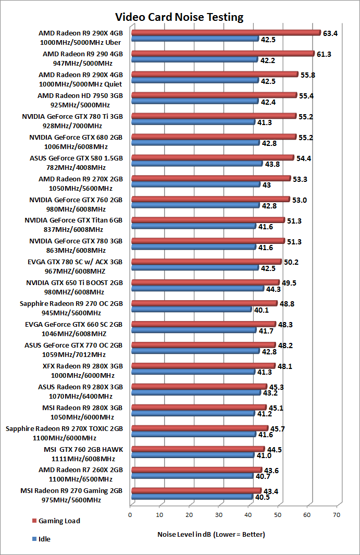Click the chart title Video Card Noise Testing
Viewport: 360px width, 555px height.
pyautogui.click(x=179, y=17)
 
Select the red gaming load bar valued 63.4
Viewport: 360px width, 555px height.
pyautogui.click(x=226, y=33)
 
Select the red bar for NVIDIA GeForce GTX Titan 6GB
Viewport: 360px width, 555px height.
pyautogui.click(x=208, y=220)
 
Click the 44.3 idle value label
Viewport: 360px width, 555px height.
pyautogui.click(x=274, y=289)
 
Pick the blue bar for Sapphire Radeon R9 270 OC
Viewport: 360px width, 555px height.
pyautogui.click(x=191, y=310)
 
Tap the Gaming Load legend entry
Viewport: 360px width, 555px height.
pyautogui.click(x=59, y=521)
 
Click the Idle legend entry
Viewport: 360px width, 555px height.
pyautogui.click(x=44, y=539)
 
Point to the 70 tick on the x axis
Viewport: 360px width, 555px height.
pyautogui.click(x=336, y=514)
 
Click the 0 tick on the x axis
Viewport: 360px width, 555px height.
pyautogui.click(x=130, y=514)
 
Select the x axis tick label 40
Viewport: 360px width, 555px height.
pyautogui.click(x=248, y=514)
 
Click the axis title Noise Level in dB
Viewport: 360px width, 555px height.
pyautogui.click(x=211, y=535)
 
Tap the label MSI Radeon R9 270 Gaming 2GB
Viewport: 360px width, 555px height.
pyautogui.click(x=72, y=491)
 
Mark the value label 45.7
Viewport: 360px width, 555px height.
pyautogui.click(x=277, y=429)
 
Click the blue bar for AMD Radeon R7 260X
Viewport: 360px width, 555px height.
pyautogui.click(x=192, y=476)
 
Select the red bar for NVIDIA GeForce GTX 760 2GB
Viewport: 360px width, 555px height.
pyautogui.click(x=210, y=200)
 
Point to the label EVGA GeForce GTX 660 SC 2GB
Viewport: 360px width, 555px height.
pyautogui.click(x=74, y=325)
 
